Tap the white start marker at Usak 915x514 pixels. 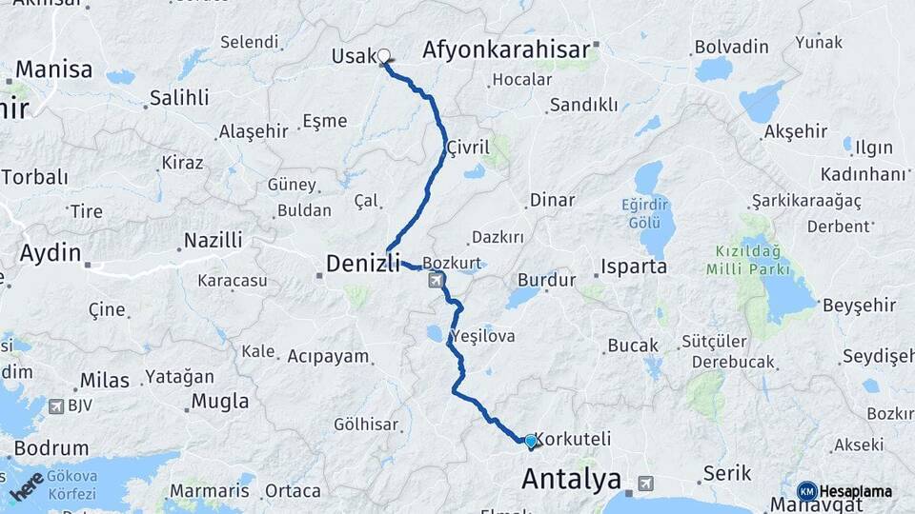click(384, 56)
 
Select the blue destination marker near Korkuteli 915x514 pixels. click(530, 441)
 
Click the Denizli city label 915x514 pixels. click(363, 263)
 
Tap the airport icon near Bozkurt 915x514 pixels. click(437, 280)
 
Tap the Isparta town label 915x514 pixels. click(634, 266)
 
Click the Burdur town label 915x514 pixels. click(546, 280)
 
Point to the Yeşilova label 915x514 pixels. click(482, 336)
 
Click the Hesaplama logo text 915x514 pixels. click(856, 491)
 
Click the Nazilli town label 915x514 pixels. click(213, 240)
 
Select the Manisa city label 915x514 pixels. click(53, 69)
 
